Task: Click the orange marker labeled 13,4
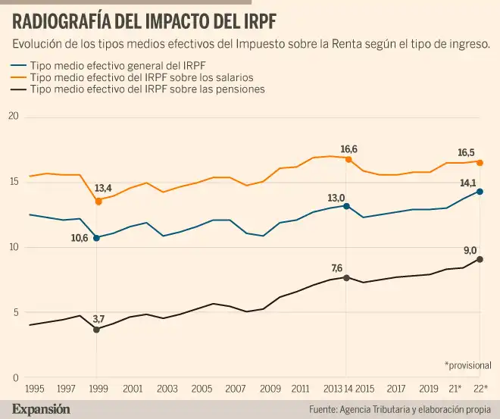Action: click(97, 202)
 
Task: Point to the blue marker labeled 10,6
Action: click(97, 238)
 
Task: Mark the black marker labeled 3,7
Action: click(97, 330)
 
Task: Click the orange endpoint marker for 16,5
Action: click(480, 162)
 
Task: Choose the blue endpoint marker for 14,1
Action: click(480, 192)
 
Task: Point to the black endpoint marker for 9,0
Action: click(480, 259)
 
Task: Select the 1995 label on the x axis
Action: click(34, 388)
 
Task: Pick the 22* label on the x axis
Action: click(480, 388)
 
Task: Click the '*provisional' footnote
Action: click(467, 364)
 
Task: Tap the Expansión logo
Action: click(41, 408)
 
